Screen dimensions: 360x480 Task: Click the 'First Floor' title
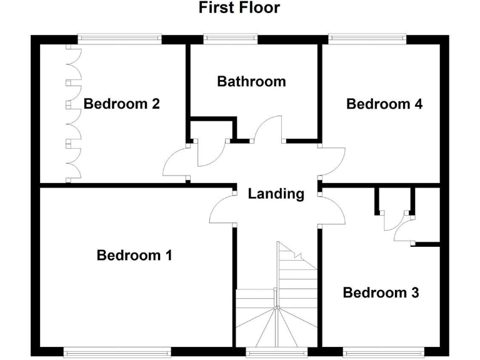239,8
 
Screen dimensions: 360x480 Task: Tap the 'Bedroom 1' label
134,255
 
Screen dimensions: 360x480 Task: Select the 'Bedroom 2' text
122,104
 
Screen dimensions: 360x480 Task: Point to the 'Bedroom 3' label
381,292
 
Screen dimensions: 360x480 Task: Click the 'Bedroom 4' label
384,104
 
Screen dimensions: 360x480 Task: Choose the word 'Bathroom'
251,81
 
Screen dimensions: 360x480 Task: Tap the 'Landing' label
276,194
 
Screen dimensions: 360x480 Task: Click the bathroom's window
230,39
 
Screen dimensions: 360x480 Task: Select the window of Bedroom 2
119,39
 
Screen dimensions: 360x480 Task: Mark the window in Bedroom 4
367,39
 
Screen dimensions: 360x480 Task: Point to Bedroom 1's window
118,352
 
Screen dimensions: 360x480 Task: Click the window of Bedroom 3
383,352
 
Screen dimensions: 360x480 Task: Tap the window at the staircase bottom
277,352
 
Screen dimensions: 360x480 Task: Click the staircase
277,300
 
